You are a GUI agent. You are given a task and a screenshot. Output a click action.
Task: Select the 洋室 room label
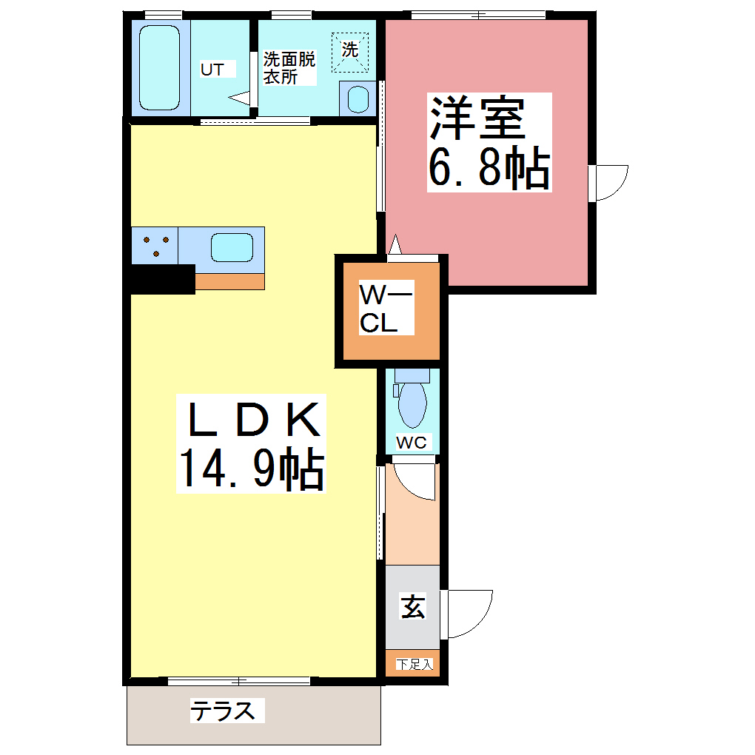pos(477,118)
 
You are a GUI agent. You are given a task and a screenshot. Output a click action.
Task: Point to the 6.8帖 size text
pos(489,169)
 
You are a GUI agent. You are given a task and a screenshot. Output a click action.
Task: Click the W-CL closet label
pos(386,309)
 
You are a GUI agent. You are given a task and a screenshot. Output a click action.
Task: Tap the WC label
pos(412,443)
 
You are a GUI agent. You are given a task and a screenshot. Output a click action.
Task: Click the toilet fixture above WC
pos(412,400)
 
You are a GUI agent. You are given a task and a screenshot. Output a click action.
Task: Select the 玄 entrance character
pos(412,607)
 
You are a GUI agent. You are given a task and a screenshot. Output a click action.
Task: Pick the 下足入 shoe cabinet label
pos(413,664)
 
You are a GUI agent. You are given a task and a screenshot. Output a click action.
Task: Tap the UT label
pos(213,70)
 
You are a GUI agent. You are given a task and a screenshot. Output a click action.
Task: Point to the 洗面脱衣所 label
pos(289,67)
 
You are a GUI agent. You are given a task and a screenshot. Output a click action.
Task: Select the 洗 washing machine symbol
pos(349,51)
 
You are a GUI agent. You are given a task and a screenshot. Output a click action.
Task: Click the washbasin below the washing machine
pos(358,98)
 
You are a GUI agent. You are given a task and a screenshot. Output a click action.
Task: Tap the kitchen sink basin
pos(232,247)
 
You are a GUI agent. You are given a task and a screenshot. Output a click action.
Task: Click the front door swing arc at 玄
pos(471,611)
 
